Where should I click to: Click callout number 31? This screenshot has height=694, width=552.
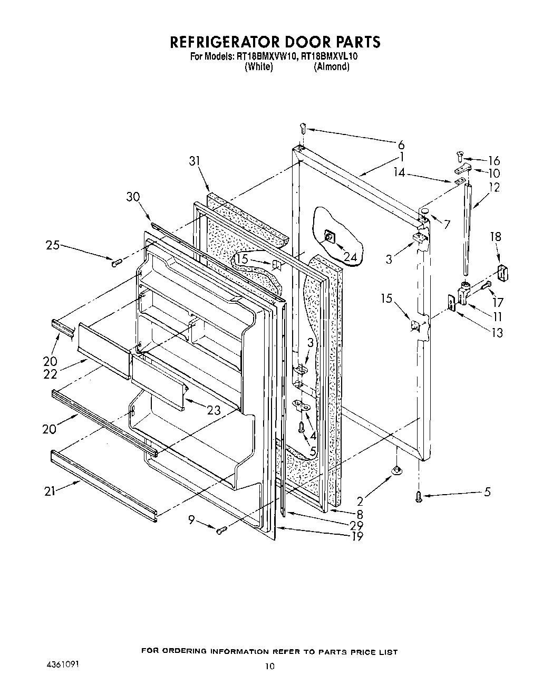(196, 161)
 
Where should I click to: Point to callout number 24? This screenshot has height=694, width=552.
(350, 257)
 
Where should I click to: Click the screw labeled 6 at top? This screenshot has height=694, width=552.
(302, 127)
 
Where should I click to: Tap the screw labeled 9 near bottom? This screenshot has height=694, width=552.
(221, 529)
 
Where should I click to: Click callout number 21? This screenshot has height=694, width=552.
(50, 491)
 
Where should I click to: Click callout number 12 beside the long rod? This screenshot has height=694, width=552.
(494, 187)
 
